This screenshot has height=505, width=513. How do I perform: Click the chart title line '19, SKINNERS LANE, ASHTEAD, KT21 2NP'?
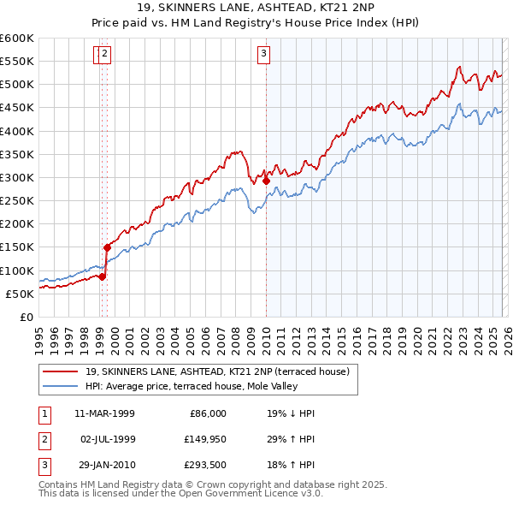point(256,9)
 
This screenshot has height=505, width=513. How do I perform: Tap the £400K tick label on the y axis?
point(17,131)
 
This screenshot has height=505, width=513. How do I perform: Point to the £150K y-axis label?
point(17,247)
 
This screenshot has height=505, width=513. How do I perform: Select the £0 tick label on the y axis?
point(27,317)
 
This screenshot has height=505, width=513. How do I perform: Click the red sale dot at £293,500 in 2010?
point(266,181)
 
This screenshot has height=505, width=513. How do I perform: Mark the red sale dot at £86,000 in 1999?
point(102,276)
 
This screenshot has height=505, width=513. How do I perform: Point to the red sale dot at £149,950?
point(107,247)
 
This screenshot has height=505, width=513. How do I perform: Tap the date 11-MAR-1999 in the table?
point(104,413)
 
